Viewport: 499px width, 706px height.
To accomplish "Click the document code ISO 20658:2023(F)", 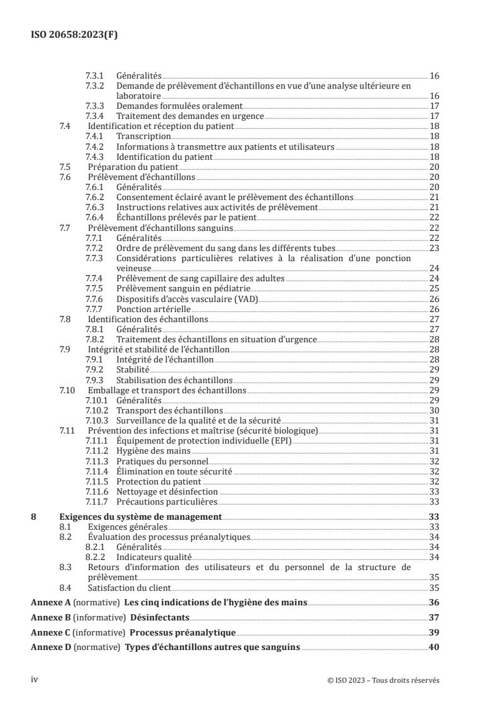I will [74, 35].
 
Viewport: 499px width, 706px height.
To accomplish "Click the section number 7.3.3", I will [94, 106].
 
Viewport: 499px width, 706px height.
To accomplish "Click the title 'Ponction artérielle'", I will [154, 309].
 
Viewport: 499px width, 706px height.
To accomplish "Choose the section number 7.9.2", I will [94, 370].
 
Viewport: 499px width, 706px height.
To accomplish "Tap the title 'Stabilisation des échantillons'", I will [174, 380].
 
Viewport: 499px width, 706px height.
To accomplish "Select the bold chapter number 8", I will [34, 517].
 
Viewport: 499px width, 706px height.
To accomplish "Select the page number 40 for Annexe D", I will [434, 648].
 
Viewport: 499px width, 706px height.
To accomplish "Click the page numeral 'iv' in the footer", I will [35, 680].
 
